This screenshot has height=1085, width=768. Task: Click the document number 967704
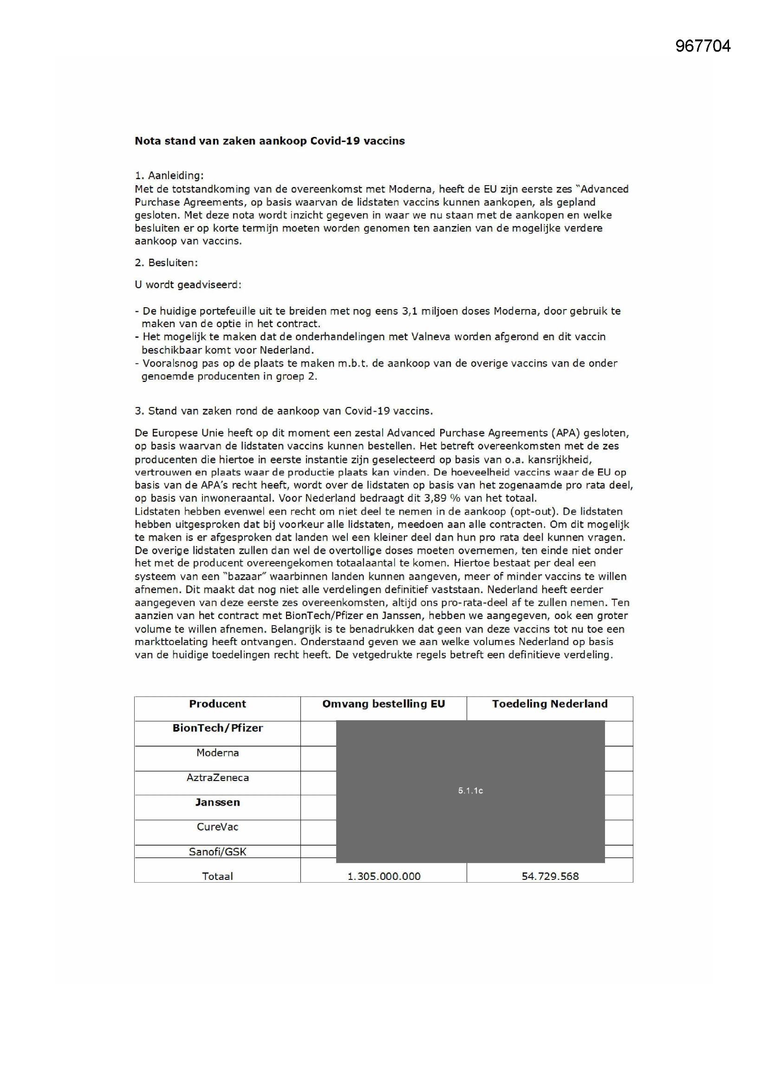pos(702,46)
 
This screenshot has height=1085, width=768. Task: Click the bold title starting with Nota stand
pos(270,141)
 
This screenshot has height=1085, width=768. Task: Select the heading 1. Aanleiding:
pos(169,175)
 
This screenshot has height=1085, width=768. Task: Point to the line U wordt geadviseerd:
pos(188,285)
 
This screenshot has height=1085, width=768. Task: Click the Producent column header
pos(217,704)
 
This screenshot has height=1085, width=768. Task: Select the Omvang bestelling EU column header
pos(384,704)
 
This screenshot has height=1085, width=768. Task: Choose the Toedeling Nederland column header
pos(549,704)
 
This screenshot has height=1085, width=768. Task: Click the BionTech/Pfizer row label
pos(217,728)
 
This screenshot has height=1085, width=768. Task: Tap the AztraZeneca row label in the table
pos(217,777)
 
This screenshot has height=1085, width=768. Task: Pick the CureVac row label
pos(217,827)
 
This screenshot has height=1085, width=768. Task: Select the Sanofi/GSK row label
pos(217,852)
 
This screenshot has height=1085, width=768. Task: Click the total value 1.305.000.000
pos(384,876)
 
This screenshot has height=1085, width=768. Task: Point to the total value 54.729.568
pos(549,876)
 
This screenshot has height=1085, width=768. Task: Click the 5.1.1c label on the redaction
pos(470,791)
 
